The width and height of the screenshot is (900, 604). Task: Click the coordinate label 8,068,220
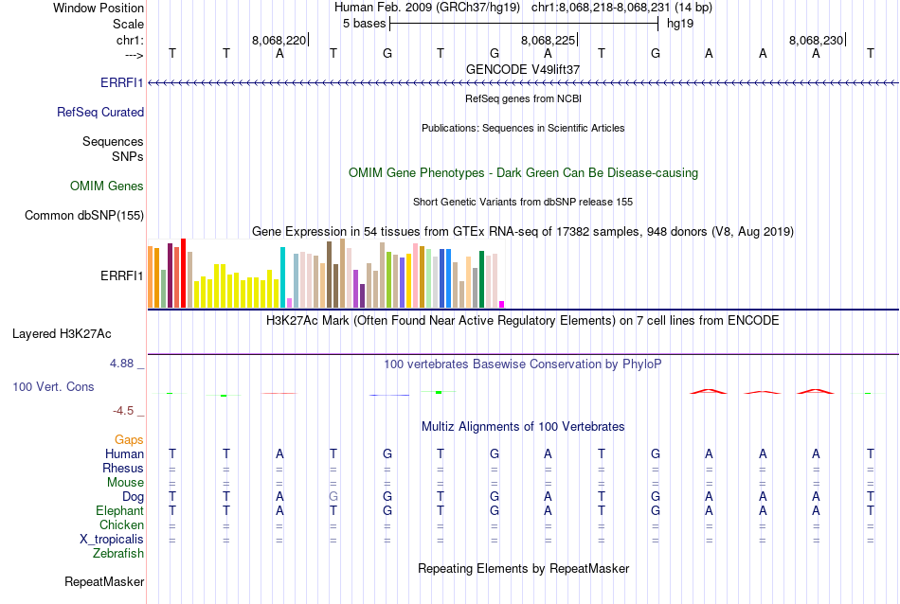click(x=279, y=40)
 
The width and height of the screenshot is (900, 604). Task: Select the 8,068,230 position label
click(x=816, y=40)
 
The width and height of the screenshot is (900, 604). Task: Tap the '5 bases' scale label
click(x=362, y=23)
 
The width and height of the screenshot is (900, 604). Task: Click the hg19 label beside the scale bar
click(x=680, y=23)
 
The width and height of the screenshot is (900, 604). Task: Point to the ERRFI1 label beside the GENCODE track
click(x=122, y=82)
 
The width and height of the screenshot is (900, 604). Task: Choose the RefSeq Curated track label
click(x=100, y=112)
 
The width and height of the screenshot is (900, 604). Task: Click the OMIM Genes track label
click(x=107, y=186)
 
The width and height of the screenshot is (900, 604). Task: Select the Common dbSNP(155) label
click(x=84, y=215)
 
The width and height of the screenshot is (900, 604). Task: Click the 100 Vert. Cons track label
click(x=53, y=386)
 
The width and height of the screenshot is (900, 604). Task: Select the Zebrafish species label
click(x=118, y=553)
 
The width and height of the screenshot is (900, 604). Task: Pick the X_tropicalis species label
click(x=112, y=539)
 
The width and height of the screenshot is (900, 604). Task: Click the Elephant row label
click(x=119, y=510)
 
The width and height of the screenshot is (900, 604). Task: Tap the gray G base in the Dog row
click(x=333, y=496)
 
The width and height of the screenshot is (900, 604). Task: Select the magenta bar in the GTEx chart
click(x=501, y=304)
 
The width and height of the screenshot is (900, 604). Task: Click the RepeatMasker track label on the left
click(x=104, y=581)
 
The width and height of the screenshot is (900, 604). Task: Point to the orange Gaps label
click(x=129, y=439)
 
